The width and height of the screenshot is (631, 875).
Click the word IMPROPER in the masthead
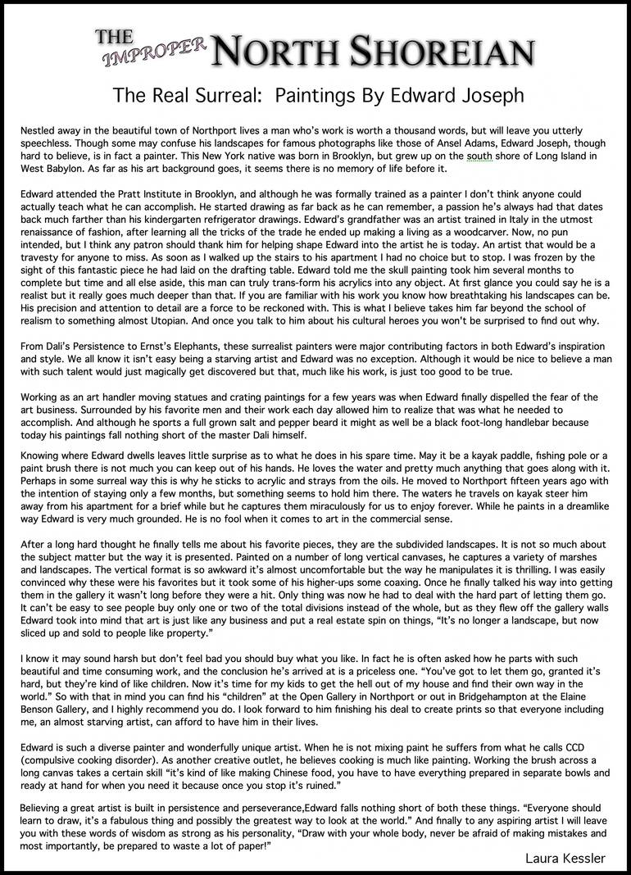tap(156, 51)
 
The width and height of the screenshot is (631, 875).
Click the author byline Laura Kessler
tap(566, 858)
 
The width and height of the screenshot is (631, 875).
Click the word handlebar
tap(526, 423)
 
